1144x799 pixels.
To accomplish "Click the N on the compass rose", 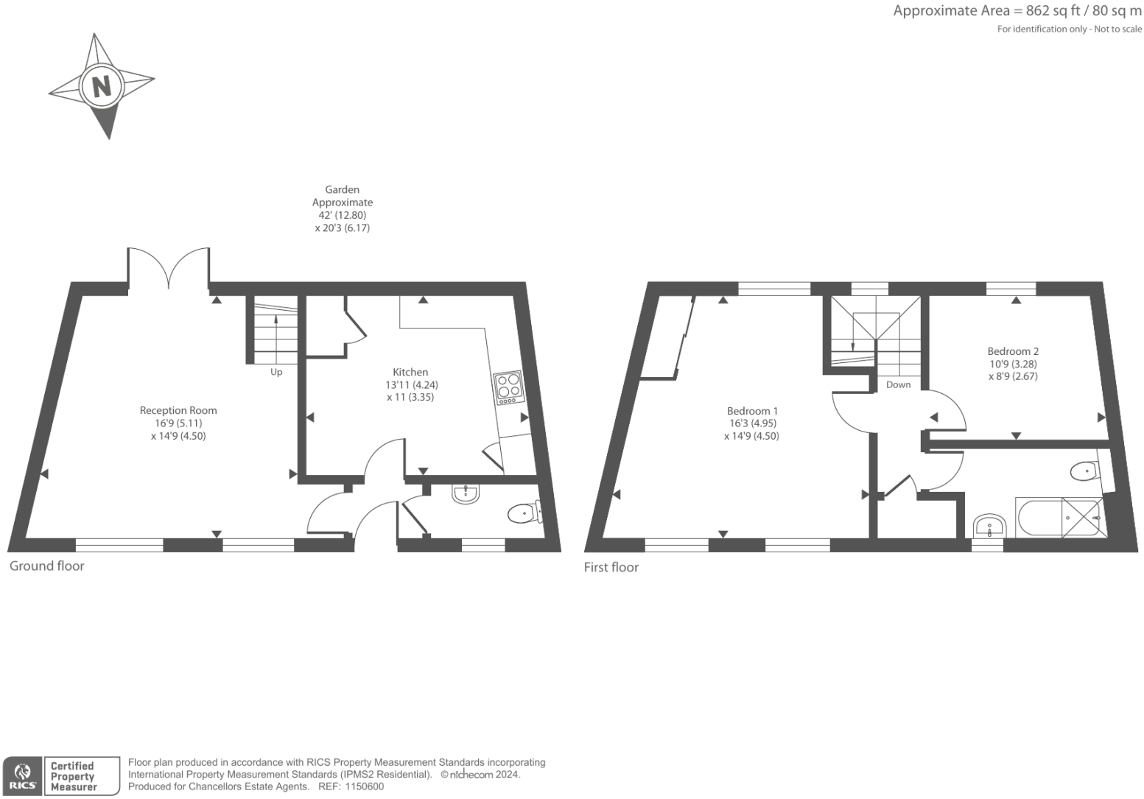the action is coord(102,86).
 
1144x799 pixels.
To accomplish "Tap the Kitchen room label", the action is coord(410,372).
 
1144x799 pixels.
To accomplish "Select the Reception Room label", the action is coord(178,410).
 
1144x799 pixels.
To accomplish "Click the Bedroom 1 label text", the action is coord(752,411).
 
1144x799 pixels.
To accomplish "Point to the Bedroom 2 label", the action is coord(1013,351).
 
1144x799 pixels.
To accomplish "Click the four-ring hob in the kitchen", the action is coord(509,388).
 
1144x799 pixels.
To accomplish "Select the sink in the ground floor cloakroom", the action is coord(465,493).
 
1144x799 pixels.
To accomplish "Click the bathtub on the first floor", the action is coord(1060,517).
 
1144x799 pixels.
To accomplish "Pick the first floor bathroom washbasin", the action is coord(989,527).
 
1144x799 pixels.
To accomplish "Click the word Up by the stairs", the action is coord(276,372).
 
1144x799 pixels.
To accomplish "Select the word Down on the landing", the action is coord(899,385).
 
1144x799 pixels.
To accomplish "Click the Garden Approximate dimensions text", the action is coord(343,209).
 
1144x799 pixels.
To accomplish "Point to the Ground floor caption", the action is coord(47,566).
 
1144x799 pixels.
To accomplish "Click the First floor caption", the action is coord(611,567).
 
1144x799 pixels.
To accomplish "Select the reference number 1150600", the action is coord(364,786).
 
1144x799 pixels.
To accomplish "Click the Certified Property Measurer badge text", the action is coord(72,776).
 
